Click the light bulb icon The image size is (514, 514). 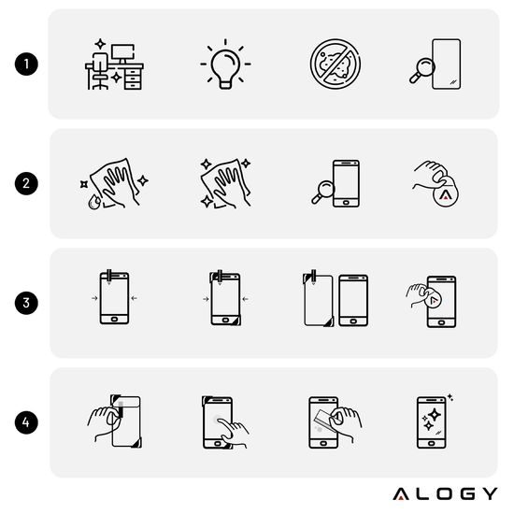click(x=224, y=65)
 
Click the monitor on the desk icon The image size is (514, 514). click(x=122, y=51)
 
